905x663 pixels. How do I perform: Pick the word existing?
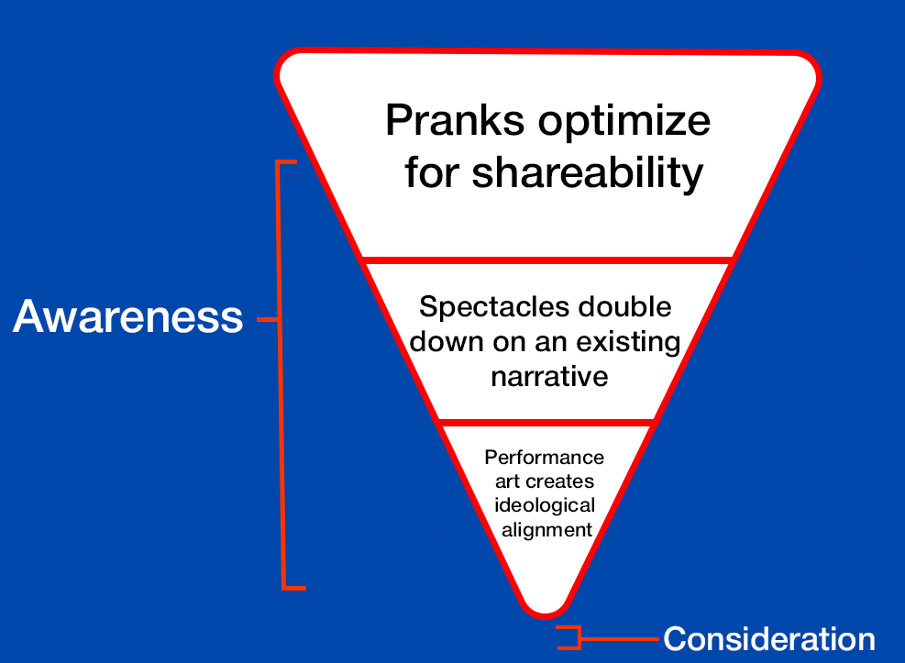628,342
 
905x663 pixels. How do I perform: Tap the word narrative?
549,377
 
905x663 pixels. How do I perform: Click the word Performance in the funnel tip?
545,457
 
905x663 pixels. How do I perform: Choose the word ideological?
545,505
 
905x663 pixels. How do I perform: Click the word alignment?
545,530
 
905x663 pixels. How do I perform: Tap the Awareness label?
128,318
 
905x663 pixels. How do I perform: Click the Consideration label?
768,638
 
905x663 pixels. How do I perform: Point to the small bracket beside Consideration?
570,637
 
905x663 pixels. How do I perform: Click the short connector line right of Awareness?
266,319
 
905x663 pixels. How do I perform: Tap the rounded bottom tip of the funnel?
545,608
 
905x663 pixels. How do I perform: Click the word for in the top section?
435,172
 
